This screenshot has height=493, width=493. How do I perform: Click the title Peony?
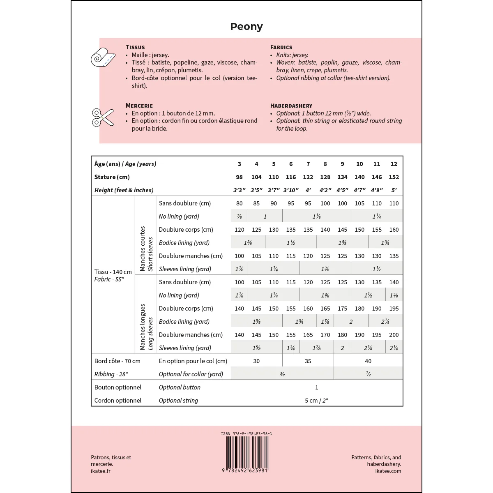point(246,27)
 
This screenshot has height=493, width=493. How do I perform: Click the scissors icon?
point(103,117)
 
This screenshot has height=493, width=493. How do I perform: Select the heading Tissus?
point(135,47)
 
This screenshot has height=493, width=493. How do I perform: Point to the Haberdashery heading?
point(291,106)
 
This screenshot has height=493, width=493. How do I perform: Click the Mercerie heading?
point(139,106)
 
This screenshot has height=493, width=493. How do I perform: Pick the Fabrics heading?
point(281,47)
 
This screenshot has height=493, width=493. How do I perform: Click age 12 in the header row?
point(394,164)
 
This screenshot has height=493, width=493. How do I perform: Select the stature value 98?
point(240,177)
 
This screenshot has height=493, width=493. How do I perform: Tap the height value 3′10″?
point(291,190)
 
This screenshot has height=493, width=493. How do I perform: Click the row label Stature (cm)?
point(112,177)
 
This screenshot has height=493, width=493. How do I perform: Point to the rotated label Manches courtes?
point(143,249)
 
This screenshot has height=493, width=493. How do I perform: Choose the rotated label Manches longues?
point(143,327)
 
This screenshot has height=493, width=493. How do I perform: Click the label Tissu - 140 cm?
point(113,272)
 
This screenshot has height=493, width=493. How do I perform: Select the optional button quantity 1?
point(317,387)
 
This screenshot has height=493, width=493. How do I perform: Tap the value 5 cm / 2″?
point(317,401)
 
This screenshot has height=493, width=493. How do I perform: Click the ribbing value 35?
point(308,361)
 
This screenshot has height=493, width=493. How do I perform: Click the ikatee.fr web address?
point(101,471)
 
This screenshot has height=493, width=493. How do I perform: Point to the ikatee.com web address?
point(388,471)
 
